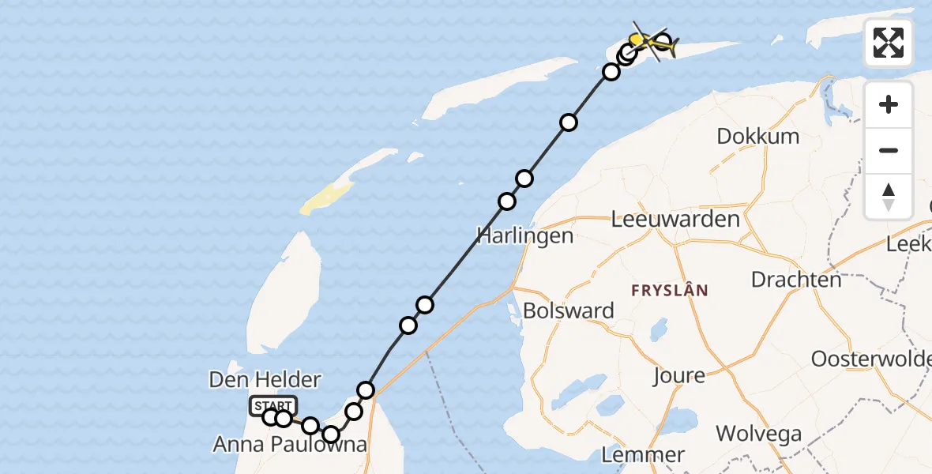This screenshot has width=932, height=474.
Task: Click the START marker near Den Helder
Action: point(273,406)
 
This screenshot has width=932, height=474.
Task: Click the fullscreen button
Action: point(889,43)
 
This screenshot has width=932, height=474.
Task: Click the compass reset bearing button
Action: point(889,197)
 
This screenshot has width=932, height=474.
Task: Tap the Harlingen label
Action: point(525,235)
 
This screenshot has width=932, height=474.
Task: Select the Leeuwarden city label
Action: point(675,219)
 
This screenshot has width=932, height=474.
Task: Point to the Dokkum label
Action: point(757,136)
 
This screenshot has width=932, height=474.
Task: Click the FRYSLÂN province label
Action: point(670,290)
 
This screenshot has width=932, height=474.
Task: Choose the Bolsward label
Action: point(569,310)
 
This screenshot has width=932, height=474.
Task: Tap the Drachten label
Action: point(796,280)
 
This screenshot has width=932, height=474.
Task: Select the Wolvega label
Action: point(759,433)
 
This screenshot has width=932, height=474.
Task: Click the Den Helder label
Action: point(265,380)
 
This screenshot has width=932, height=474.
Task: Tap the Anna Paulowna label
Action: point(290,445)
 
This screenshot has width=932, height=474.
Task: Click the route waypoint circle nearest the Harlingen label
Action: point(507,201)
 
